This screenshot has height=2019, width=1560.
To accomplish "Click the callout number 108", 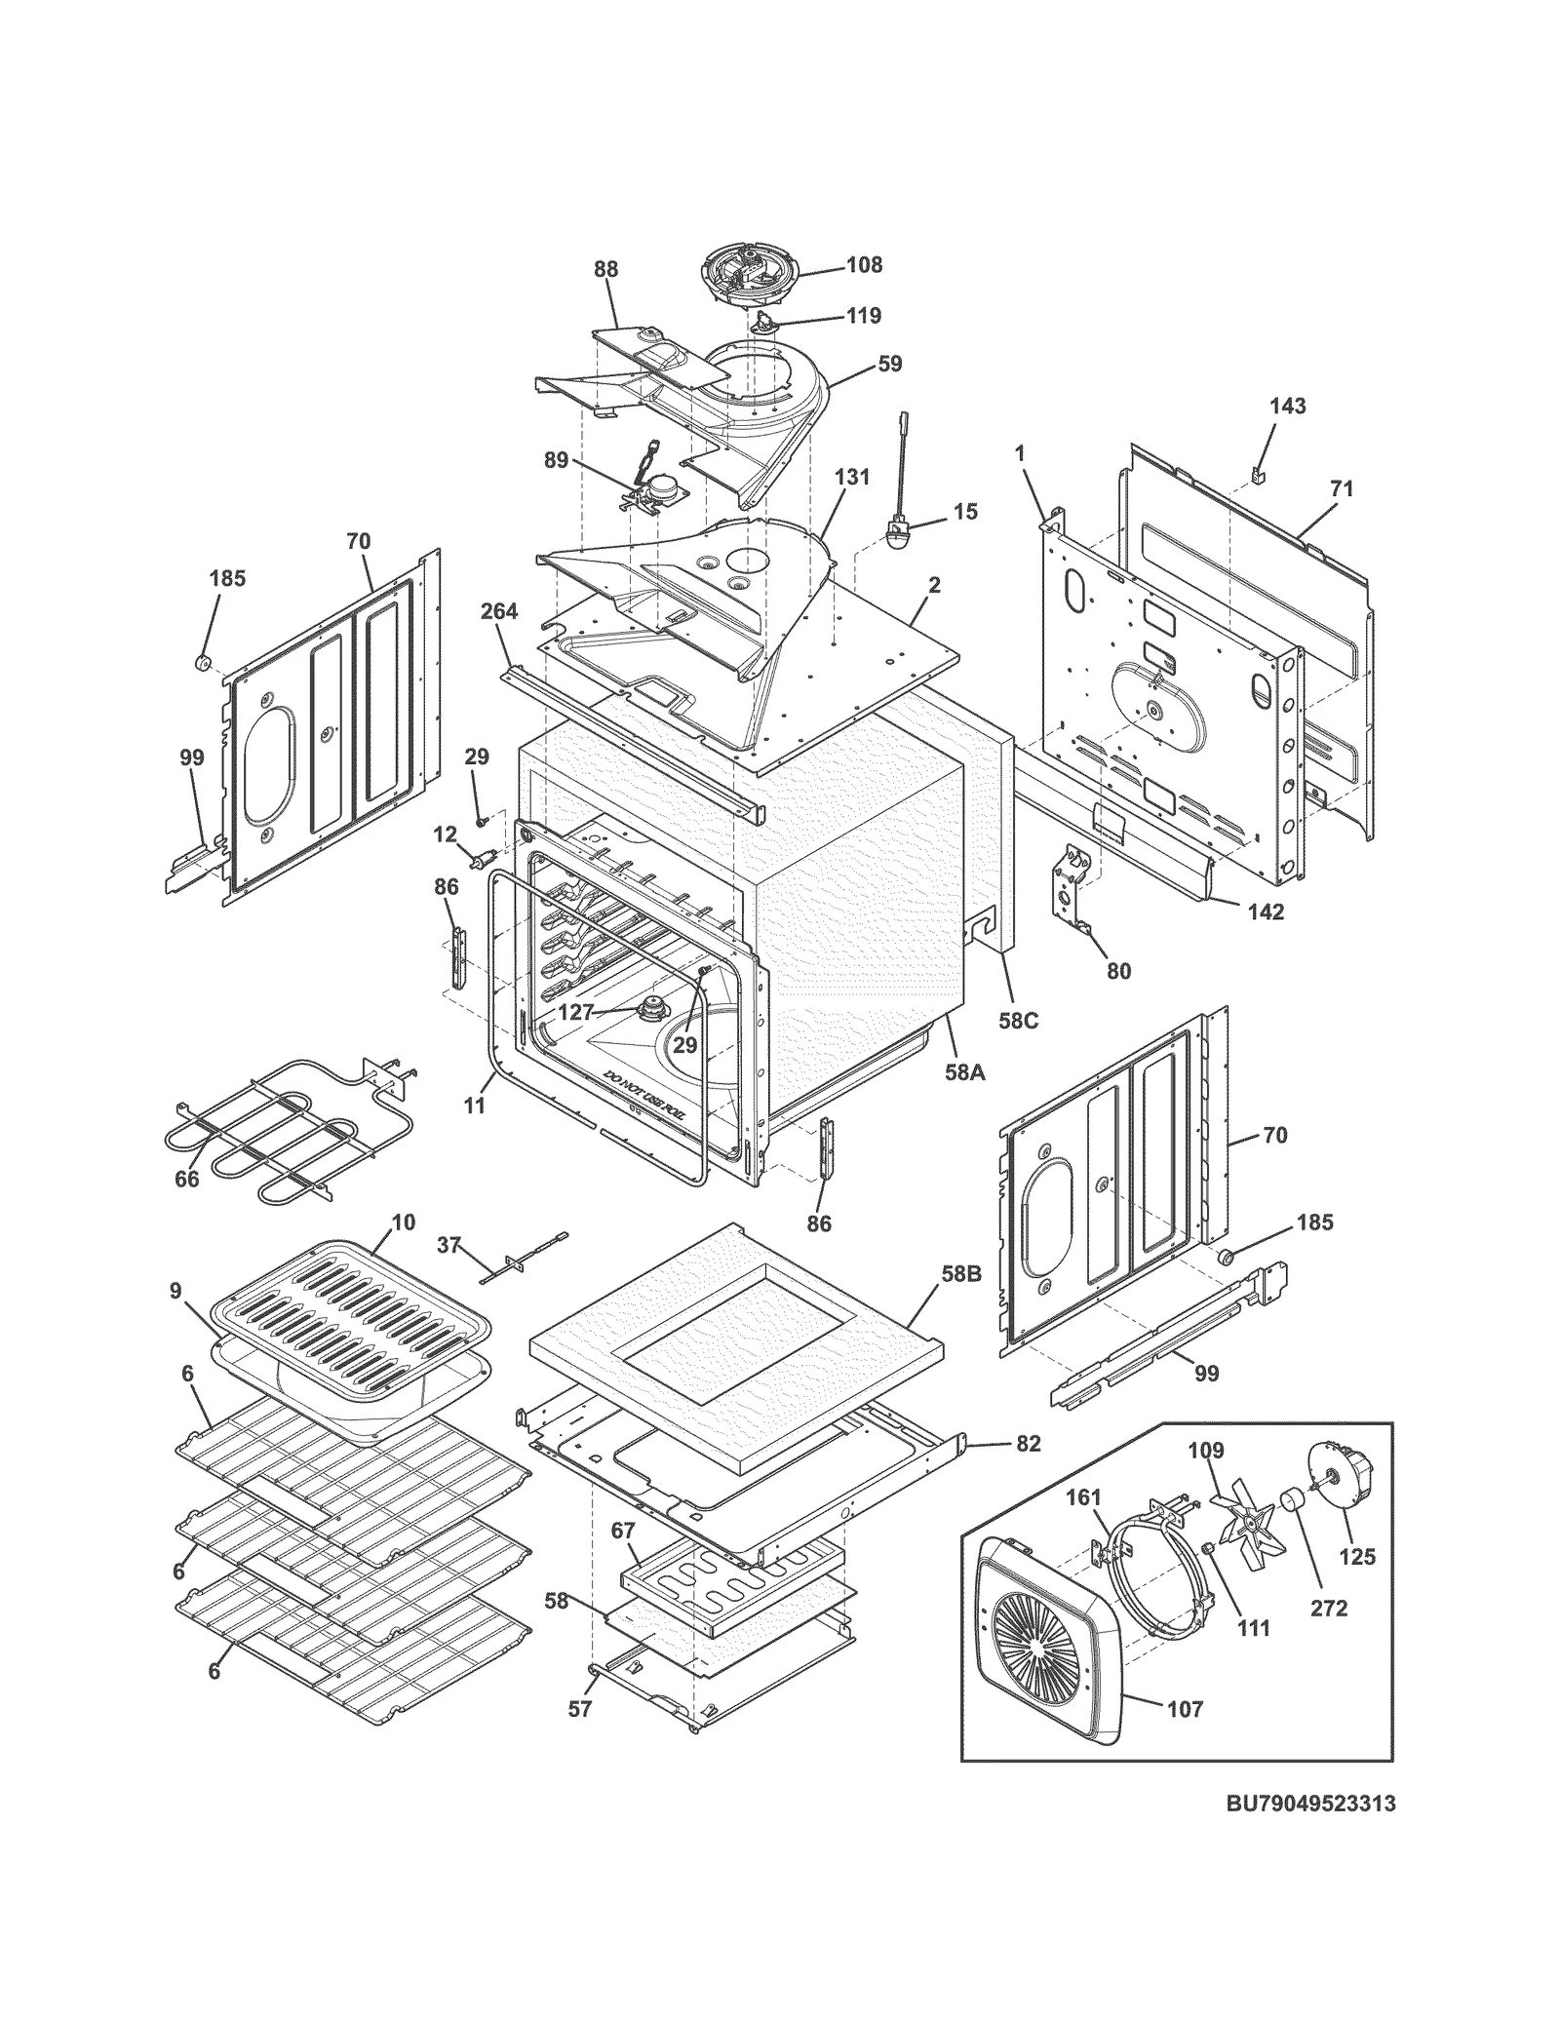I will (x=863, y=264).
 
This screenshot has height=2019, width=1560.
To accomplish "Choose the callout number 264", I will (x=498, y=611).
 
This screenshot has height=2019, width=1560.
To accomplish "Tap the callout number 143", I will (x=1287, y=406).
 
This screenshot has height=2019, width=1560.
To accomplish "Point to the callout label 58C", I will (x=1018, y=1021).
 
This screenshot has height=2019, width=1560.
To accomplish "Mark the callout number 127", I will (x=575, y=1012).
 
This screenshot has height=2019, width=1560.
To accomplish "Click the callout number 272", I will (x=1328, y=1608).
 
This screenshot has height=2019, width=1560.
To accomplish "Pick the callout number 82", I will (x=1028, y=1444).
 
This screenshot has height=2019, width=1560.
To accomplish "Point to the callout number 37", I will (x=448, y=1245).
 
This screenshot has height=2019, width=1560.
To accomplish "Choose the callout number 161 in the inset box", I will (x=1082, y=1496).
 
